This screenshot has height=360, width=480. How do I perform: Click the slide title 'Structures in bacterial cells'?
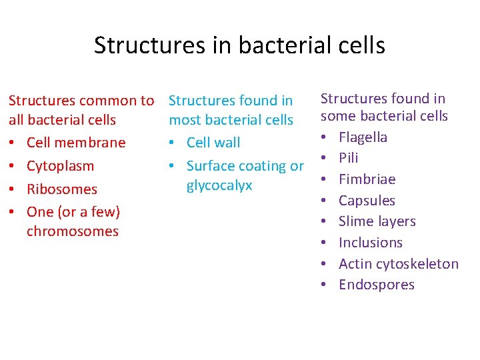pyautogui.click(x=239, y=45)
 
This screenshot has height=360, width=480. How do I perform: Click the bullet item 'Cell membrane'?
pyautogui.click(x=75, y=143)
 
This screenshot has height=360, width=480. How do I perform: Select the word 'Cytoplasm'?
pyautogui.click(x=60, y=166)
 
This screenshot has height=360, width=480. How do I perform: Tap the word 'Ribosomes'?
pyautogui.click(x=61, y=189)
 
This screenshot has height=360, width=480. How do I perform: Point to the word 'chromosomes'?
pyautogui.click(x=73, y=231)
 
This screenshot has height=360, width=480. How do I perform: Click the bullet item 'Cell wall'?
pyautogui.click(x=213, y=143)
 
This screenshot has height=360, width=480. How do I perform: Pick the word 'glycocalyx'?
pyautogui.click(x=219, y=185)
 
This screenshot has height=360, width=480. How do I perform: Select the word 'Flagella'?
pyautogui.click(x=363, y=137)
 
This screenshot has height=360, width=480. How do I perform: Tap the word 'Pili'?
pyautogui.click(x=348, y=158)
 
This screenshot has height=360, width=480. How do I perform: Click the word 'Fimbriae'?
pyautogui.click(x=367, y=179)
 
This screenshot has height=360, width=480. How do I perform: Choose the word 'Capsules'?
pyautogui.click(x=367, y=201)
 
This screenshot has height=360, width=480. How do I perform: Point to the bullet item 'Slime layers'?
pyautogui.click(x=377, y=221)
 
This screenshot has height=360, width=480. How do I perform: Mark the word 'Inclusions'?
pyautogui.click(x=371, y=243)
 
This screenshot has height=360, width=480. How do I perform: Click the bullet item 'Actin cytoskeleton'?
pyautogui.click(x=399, y=264)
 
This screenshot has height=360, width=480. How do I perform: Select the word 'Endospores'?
pyautogui.click(x=376, y=285)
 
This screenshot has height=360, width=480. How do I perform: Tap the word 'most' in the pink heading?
pyautogui.click(x=184, y=120)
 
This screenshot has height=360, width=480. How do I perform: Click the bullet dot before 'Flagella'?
pyautogui.click(x=323, y=138)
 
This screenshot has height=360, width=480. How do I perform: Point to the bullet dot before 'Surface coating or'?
pyautogui.click(x=173, y=167)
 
